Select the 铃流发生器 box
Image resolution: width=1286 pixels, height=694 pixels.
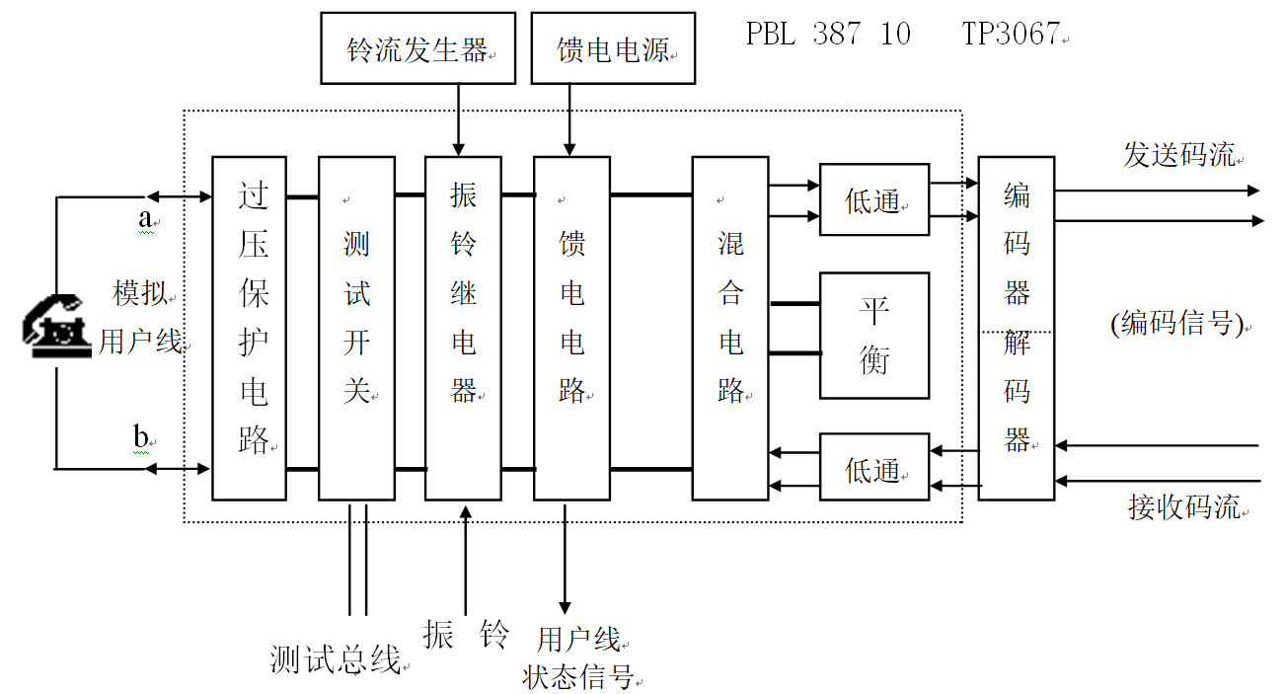[x=417, y=47]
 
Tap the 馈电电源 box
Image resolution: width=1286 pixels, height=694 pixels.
[x=613, y=47]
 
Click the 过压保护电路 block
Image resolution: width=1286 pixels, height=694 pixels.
[x=250, y=328]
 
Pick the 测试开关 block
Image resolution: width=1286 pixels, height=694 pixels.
[x=356, y=328]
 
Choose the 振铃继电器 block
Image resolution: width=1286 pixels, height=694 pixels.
[x=463, y=328]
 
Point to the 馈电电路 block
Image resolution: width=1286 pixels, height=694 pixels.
[x=571, y=328]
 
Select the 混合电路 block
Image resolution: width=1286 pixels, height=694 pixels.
[x=729, y=328]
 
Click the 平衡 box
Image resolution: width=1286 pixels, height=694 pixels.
[x=874, y=336]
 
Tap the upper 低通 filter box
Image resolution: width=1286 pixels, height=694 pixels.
[x=874, y=199]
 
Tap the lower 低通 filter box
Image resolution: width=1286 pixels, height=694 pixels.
[x=874, y=467]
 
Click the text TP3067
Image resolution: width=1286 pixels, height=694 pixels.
[x=1011, y=34]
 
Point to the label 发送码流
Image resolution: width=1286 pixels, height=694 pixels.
[x=1178, y=155]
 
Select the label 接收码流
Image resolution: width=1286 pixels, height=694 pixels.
[x=1183, y=507]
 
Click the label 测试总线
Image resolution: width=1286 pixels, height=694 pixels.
[x=336, y=658]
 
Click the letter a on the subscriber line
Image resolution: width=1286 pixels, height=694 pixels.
[x=145, y=219]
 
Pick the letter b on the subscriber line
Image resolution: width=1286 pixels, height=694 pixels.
[x=141, y=433]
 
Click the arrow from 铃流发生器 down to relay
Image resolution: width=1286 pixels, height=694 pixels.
[x=459, y=119]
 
